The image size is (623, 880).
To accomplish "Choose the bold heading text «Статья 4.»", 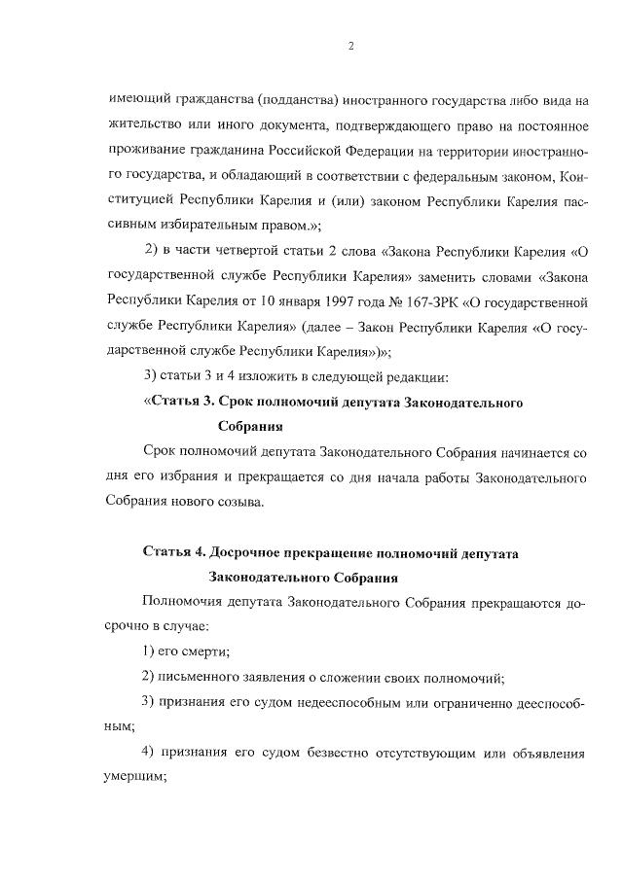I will click(173, 553).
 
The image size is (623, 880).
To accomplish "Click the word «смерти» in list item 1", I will click(208, 651).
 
